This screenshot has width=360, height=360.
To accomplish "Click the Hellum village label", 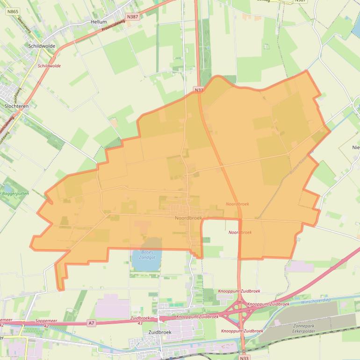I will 99,22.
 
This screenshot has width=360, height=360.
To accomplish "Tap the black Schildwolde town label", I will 42,46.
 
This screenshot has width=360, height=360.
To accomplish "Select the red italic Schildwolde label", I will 49,66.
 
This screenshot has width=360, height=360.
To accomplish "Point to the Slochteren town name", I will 17,106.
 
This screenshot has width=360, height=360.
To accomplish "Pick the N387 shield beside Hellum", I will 133,17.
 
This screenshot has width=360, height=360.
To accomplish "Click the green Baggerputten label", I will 16,193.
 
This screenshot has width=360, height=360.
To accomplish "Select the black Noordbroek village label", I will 188,218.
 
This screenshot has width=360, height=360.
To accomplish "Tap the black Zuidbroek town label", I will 159,332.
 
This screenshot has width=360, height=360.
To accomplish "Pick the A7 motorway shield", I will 91,323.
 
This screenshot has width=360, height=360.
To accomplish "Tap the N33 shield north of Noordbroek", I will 199,89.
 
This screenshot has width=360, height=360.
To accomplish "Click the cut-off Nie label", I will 356,147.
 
